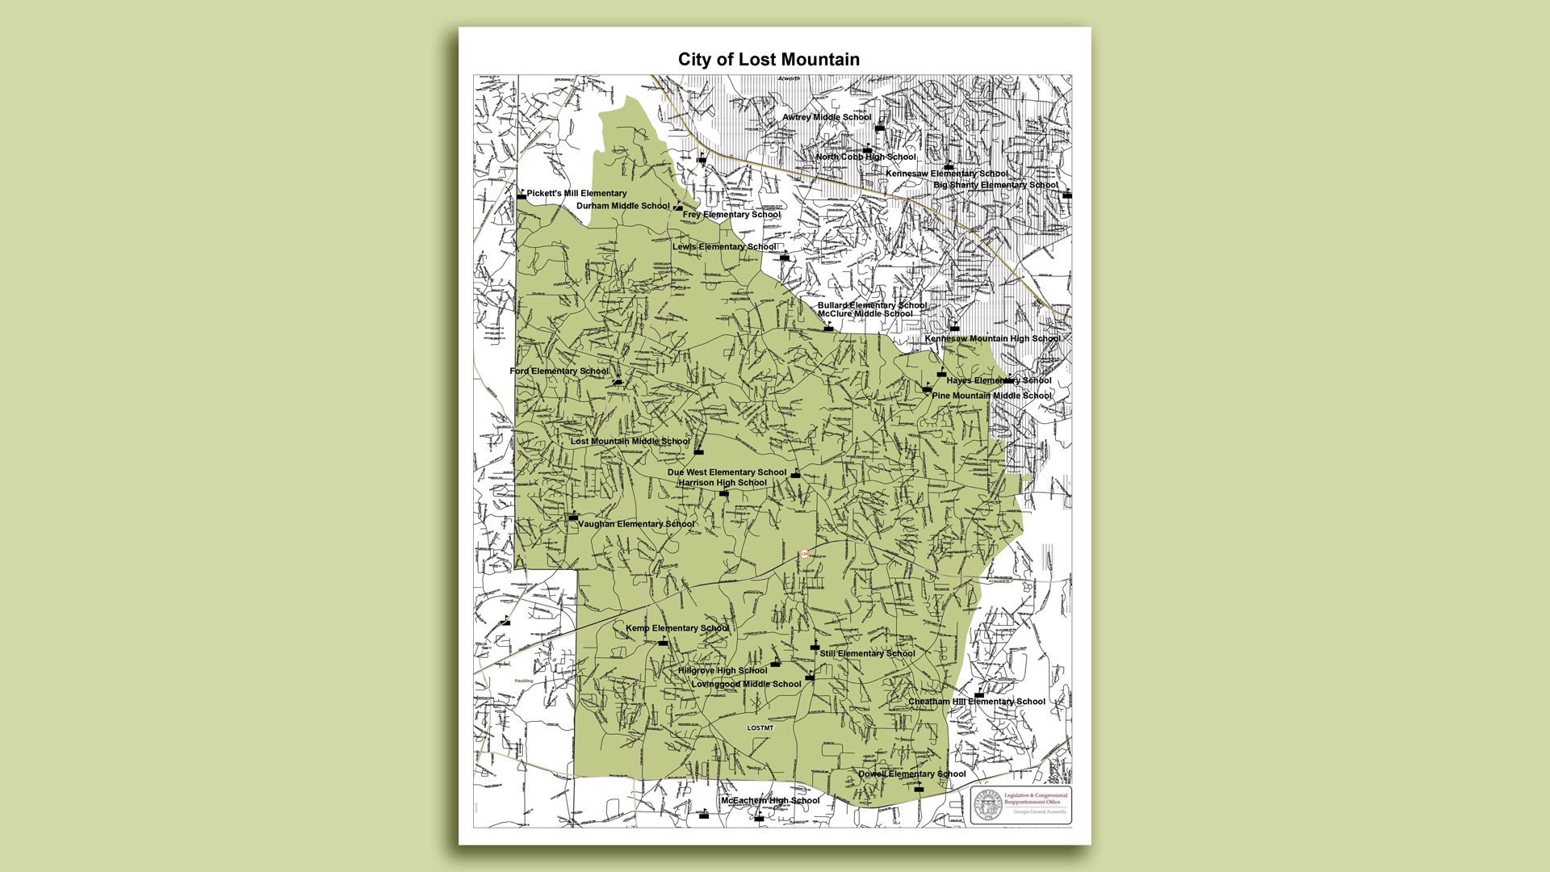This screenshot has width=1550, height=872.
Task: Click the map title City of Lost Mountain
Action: (769, 60)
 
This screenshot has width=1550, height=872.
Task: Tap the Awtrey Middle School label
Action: (827, 118)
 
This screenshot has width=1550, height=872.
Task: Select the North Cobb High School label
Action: (865, 157)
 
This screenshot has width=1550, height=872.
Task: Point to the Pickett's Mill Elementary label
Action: (576, 194)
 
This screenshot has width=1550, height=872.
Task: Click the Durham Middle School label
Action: (622, 206)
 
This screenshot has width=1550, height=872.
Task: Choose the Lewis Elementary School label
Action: (724, 247)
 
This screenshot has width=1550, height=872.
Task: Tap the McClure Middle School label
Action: (865, 314)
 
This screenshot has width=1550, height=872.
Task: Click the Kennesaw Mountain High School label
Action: (992, 339)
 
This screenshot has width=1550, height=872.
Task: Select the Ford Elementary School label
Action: (559, 371)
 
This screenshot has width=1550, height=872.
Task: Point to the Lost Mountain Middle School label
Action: (630, 442)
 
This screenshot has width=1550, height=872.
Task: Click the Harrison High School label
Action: (722, 483)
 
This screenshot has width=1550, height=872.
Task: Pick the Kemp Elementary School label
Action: (677, 628)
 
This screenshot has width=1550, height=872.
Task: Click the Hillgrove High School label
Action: (723, 671)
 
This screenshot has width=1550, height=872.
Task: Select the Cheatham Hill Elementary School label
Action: (976, 702)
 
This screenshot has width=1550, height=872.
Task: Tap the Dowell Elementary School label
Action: (911, 774)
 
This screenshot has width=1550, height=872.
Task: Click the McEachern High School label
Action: (769, 801)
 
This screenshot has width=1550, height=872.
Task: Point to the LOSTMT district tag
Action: (760, 728)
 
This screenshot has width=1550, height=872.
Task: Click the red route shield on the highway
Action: (804, 554)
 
